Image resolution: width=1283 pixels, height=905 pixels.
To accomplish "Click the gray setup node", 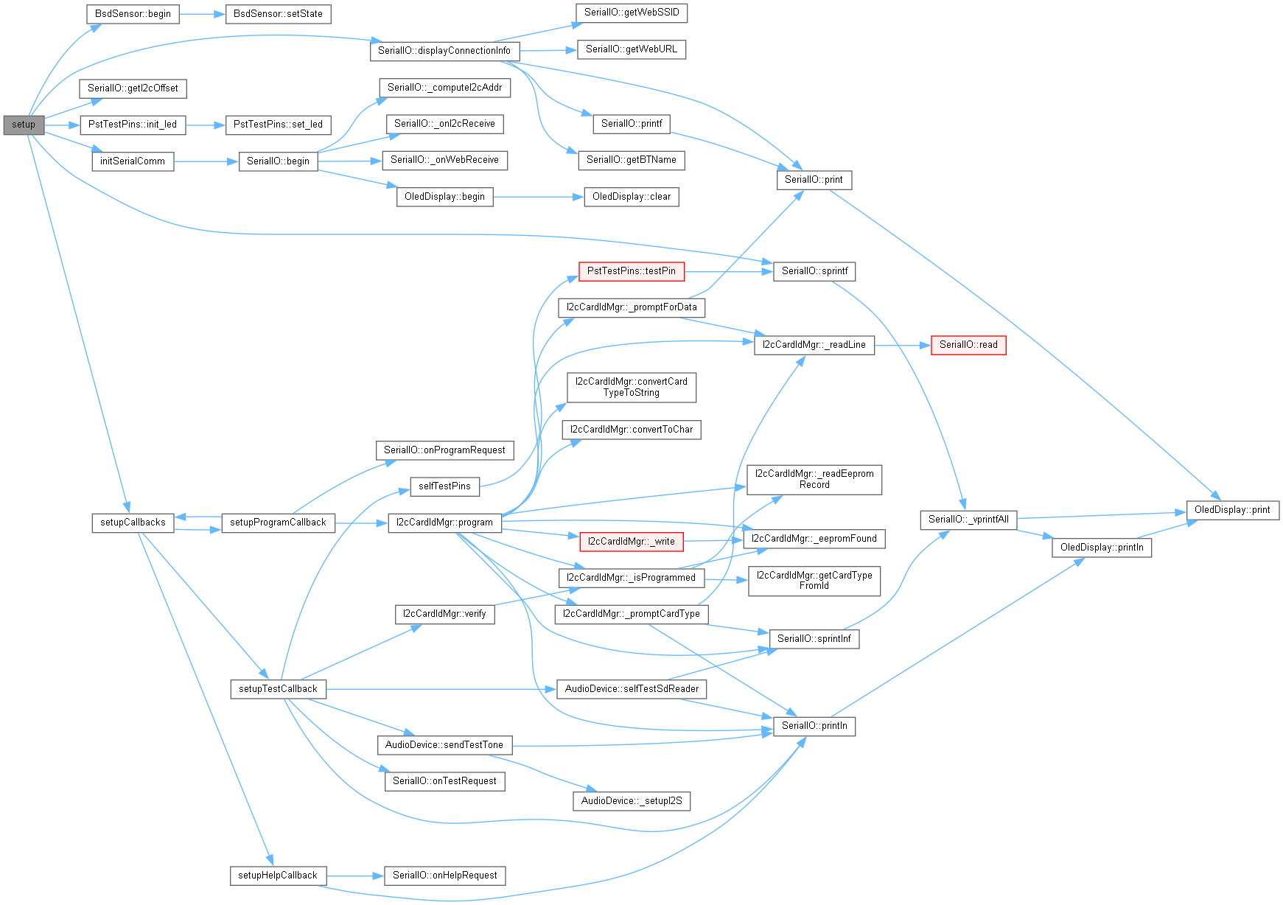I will click(24, 125).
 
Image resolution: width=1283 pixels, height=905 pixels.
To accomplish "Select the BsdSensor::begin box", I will click(133, 14).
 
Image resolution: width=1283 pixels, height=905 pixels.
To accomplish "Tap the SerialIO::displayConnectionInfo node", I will click(444, 51).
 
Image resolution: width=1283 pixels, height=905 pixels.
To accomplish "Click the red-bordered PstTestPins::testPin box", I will click(631, 271).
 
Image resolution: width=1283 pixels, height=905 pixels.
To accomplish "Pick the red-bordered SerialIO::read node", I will click(968, 345).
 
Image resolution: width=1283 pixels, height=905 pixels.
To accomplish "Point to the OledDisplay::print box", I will click(1231, 510).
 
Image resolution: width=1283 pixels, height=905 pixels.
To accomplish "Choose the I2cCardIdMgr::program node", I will click(444, 523).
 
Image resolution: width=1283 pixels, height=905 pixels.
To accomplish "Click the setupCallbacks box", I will click(133, 523).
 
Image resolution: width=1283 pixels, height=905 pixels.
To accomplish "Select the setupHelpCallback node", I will click(277, 876).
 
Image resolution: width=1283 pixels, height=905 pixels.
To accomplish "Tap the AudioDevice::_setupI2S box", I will click(631, 801).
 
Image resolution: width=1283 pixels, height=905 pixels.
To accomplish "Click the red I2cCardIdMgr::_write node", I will click(631, 542).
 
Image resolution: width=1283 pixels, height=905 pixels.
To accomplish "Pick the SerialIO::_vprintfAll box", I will click(968, 520).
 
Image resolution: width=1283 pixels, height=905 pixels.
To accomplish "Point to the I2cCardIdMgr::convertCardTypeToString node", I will click(631, 387).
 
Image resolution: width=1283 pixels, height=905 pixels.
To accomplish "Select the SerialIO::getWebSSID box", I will click(631, 13).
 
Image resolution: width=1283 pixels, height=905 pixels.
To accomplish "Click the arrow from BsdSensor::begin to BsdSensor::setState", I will click(202, 14).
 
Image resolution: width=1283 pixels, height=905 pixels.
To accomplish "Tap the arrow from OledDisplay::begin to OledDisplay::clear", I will click(538, 197).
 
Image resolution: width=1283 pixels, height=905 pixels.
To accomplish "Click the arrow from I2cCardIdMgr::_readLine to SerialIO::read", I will click(903, 345).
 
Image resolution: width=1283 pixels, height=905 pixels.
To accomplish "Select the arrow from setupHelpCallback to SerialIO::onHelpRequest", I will click(355, 876).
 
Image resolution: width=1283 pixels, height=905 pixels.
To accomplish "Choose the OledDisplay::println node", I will click(1101, 548).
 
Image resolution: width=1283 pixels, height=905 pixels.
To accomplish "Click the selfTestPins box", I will click(444, 486).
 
